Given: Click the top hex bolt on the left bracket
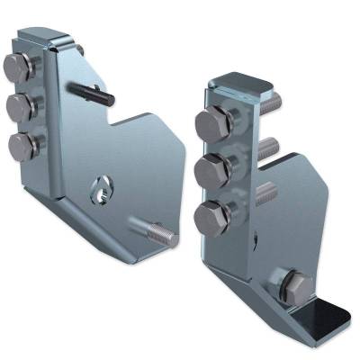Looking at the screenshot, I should click(18, 67).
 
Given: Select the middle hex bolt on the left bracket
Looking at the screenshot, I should click(18, 105).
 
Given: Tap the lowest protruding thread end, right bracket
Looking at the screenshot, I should click(266, 192).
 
